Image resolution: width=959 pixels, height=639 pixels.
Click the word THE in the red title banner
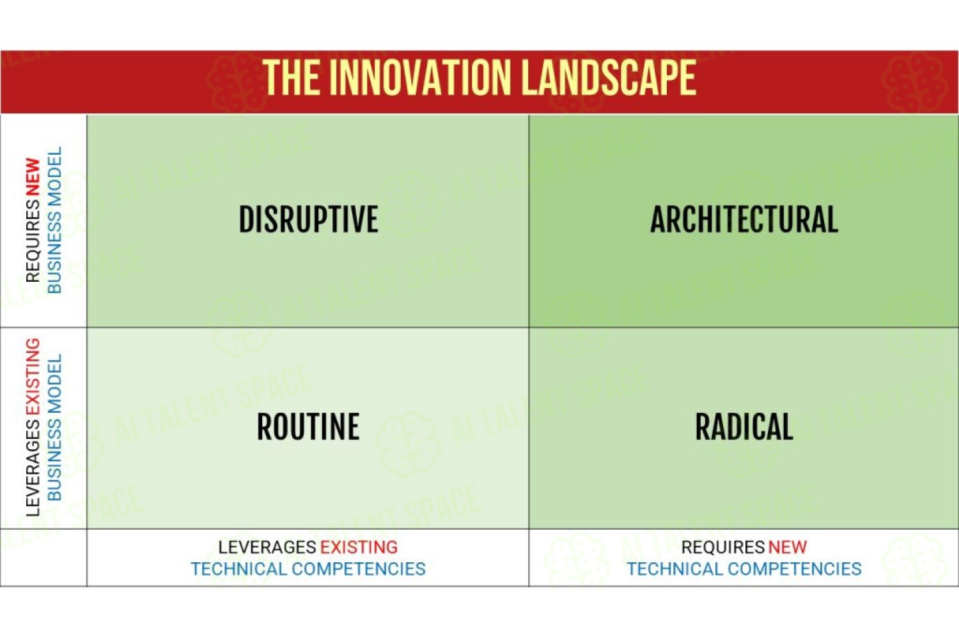click(x=292, y=77)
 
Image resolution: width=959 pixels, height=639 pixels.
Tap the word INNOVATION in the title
click(x=423, y=77)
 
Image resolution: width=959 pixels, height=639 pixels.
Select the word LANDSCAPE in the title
click(x=610, y=77)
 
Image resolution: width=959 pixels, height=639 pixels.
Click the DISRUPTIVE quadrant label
click(x=308, y=219)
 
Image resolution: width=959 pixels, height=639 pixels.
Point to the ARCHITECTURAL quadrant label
click(x=744, y=219)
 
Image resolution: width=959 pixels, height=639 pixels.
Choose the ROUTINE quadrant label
click(x=308, y=426)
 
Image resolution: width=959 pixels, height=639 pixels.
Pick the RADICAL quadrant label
click(x=744, y=426)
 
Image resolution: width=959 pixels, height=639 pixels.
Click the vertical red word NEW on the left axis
click(x=33, y=177)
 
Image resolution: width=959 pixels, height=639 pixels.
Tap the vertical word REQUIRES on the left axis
click(x=33, y=240)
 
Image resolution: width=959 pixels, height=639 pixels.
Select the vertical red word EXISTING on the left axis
click(x=33, y=376)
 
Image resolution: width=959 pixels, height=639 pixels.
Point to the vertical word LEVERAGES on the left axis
click(x=33, y=467)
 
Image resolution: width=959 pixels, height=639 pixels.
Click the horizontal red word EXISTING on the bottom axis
click(x=359, y=547)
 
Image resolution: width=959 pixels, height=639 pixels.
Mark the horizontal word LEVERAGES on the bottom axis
click(x=268, y=547)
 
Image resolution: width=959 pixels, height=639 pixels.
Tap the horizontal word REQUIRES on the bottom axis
click(x=722, y=547)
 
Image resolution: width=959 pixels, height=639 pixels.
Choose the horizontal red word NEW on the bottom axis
click(x=787, y=547)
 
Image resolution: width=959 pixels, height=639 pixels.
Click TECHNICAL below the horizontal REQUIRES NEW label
click(x=675, y=569)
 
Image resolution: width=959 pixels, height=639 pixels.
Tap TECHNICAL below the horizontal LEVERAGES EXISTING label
click(x=239, y=569)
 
